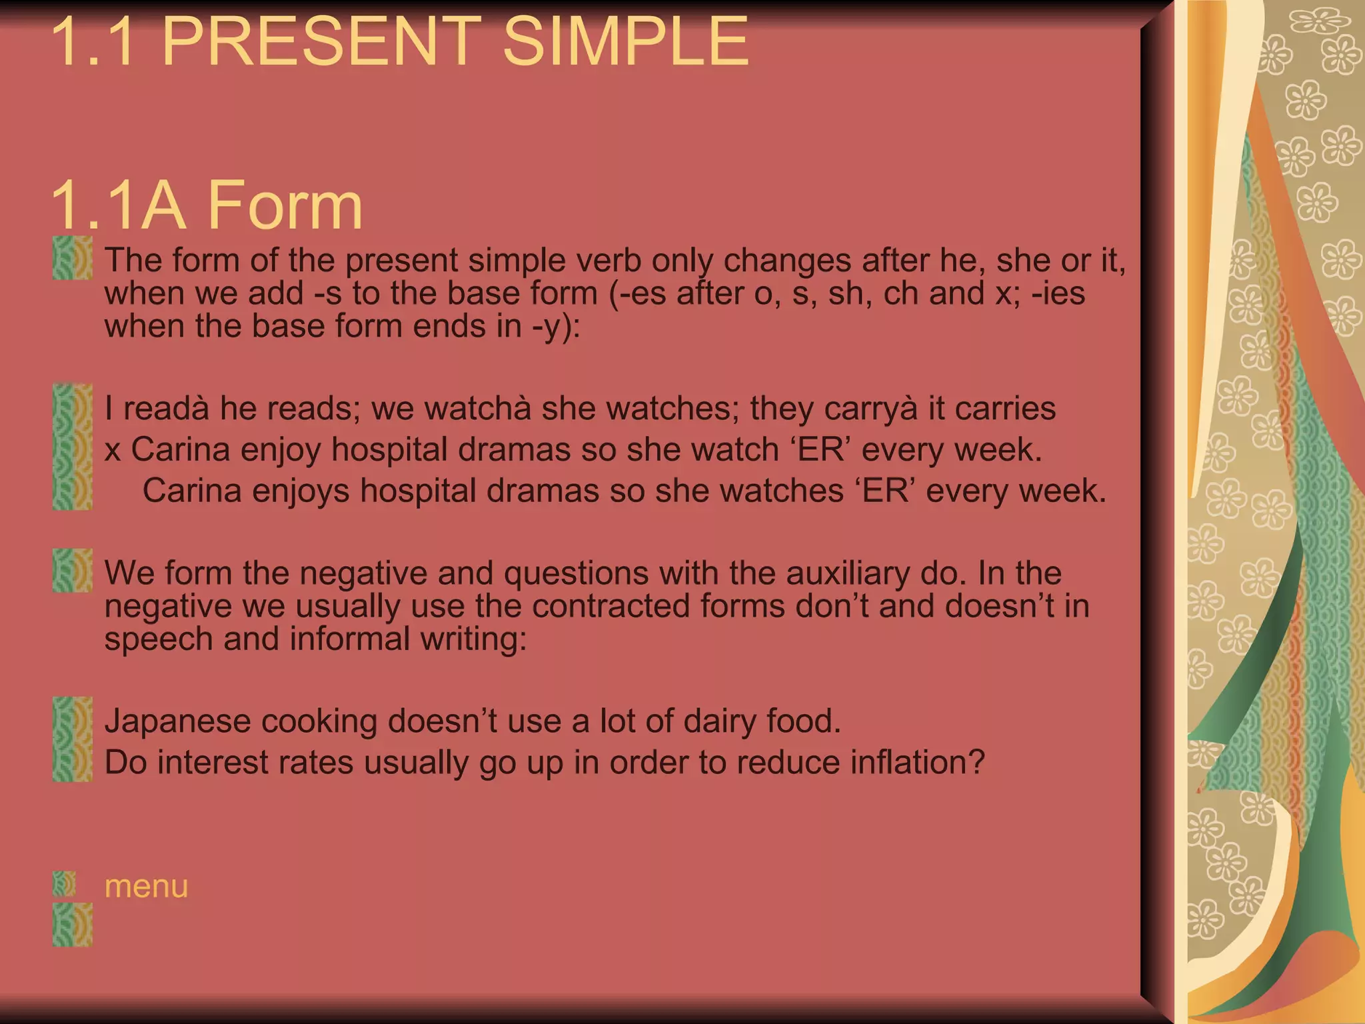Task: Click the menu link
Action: pyautogui.click(x=146, y=887)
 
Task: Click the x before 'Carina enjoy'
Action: pyautogui.click(x=113, y=450)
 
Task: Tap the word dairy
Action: pyautogui.click(x=722, y=721)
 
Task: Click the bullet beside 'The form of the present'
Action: pyautogui.click(x=72, y=257)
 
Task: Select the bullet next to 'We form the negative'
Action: pyautogui.click(x=72, y=570)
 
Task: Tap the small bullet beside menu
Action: pyautogui.click(x=64, y=884)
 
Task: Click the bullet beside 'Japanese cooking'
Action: pyautogui.click(x=72, y=719)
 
